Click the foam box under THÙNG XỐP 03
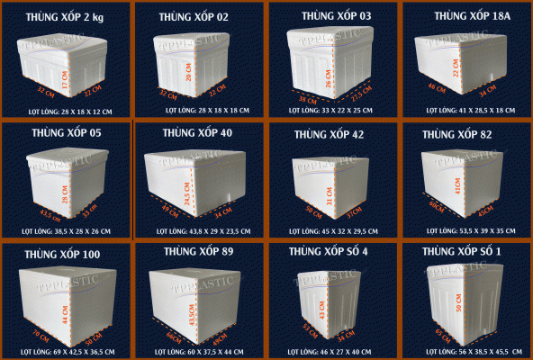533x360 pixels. [331, 63]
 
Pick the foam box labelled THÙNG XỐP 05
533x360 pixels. [63, 184]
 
